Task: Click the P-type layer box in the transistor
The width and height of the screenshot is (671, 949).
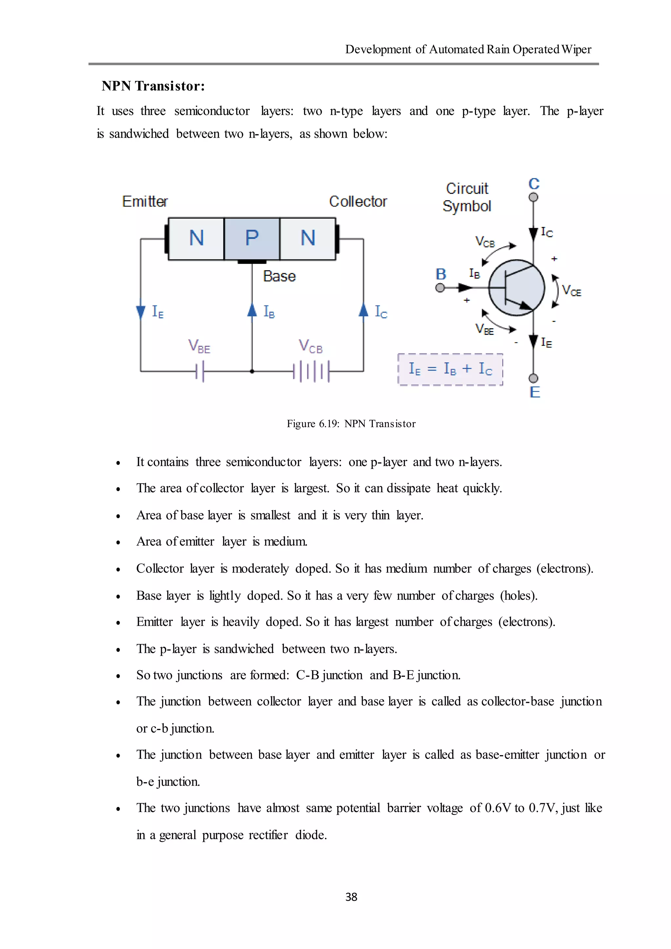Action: pyautogui.click(x=252, y=239)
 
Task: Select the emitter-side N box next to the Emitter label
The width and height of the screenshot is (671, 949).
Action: pyautogui.click(x=196, y=239)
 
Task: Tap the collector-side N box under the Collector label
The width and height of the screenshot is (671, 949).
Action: pyautogui.click(x=308, y=239)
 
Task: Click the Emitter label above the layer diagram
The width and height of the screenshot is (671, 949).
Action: pyautogui.click(x=145, y=202)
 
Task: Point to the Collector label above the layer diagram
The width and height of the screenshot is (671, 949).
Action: pyautogui.click(x=358, y=202)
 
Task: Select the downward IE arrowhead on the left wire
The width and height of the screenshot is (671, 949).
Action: pyautogui.click(x=141, y=312)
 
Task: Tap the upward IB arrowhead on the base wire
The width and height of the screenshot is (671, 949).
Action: pyautogui.click(x=252, y=310)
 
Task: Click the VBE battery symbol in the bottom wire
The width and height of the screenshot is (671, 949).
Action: pyautogui.click(x=200, y=371)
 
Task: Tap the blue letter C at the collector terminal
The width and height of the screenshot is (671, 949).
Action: pyautogui.click(x=534, y=184)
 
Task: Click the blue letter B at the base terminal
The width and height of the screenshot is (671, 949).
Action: pyautogui.click(x=441, y=274)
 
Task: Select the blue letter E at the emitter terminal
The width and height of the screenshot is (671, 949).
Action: pyautogui.click(x=535, y=392)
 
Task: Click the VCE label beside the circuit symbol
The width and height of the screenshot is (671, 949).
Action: pyautogui.click(x=571, y=291)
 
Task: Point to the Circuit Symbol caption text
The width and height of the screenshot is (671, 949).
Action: pyautogui.click(x=467, y=197)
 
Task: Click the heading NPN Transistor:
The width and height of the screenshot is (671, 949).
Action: pyautogui.click(x=153, y=86)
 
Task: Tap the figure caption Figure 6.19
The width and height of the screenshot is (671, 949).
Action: pyautogui.click(x=351, y=424)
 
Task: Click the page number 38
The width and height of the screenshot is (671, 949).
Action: pyautogui.click(x=351, y=897)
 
